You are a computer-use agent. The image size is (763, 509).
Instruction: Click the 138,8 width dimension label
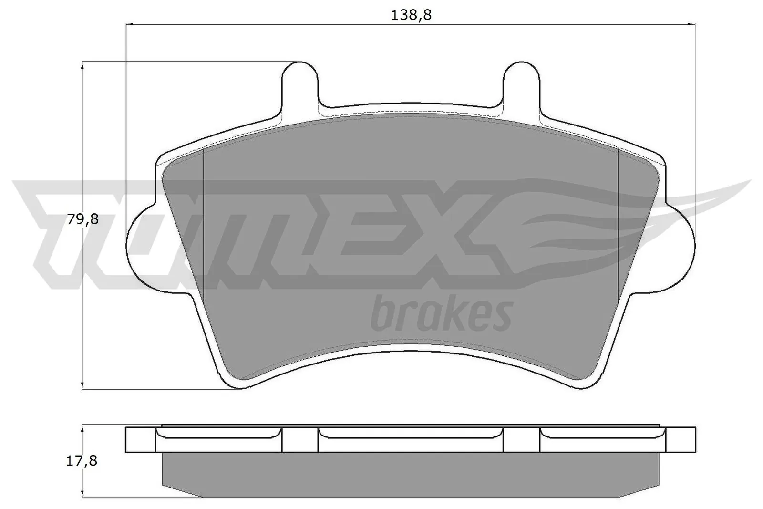(411, 15)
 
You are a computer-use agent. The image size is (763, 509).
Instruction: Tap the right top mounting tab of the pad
(522, 81)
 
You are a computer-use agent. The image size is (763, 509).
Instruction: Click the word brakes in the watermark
(441, 315)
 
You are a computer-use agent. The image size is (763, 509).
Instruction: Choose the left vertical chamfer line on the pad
(204, 224)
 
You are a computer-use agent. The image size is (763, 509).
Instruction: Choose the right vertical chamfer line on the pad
(618, 224)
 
